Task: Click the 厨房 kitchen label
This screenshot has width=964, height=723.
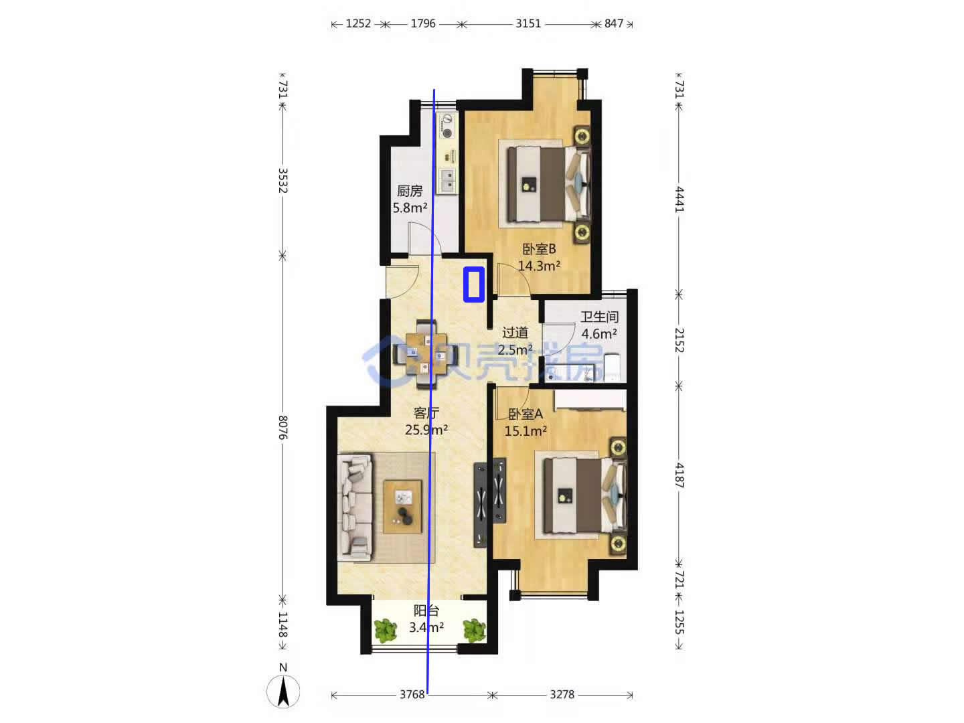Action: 409,191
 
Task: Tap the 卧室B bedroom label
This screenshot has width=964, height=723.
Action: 539,249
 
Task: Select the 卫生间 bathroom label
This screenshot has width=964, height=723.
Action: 599,317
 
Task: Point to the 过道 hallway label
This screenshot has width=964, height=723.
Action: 515,333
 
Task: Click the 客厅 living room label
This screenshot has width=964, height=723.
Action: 426,412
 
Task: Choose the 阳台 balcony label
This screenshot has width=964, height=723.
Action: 426,611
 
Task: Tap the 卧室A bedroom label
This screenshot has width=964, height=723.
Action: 526,414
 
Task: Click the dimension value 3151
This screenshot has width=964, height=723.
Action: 528,23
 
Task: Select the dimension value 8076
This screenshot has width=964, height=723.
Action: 283,427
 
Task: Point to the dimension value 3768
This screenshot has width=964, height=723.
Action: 412,694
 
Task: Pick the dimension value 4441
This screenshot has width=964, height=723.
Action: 679,199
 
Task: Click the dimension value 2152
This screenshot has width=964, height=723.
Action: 679,340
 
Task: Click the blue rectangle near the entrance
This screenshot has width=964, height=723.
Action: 474,285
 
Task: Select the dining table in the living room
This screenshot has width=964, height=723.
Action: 426,355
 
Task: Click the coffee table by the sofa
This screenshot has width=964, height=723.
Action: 402,507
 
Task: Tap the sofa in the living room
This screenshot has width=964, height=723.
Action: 355,508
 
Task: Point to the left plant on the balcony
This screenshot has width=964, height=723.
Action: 386,630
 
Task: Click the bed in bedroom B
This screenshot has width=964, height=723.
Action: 548,184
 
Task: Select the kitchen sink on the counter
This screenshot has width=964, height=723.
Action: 448,181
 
